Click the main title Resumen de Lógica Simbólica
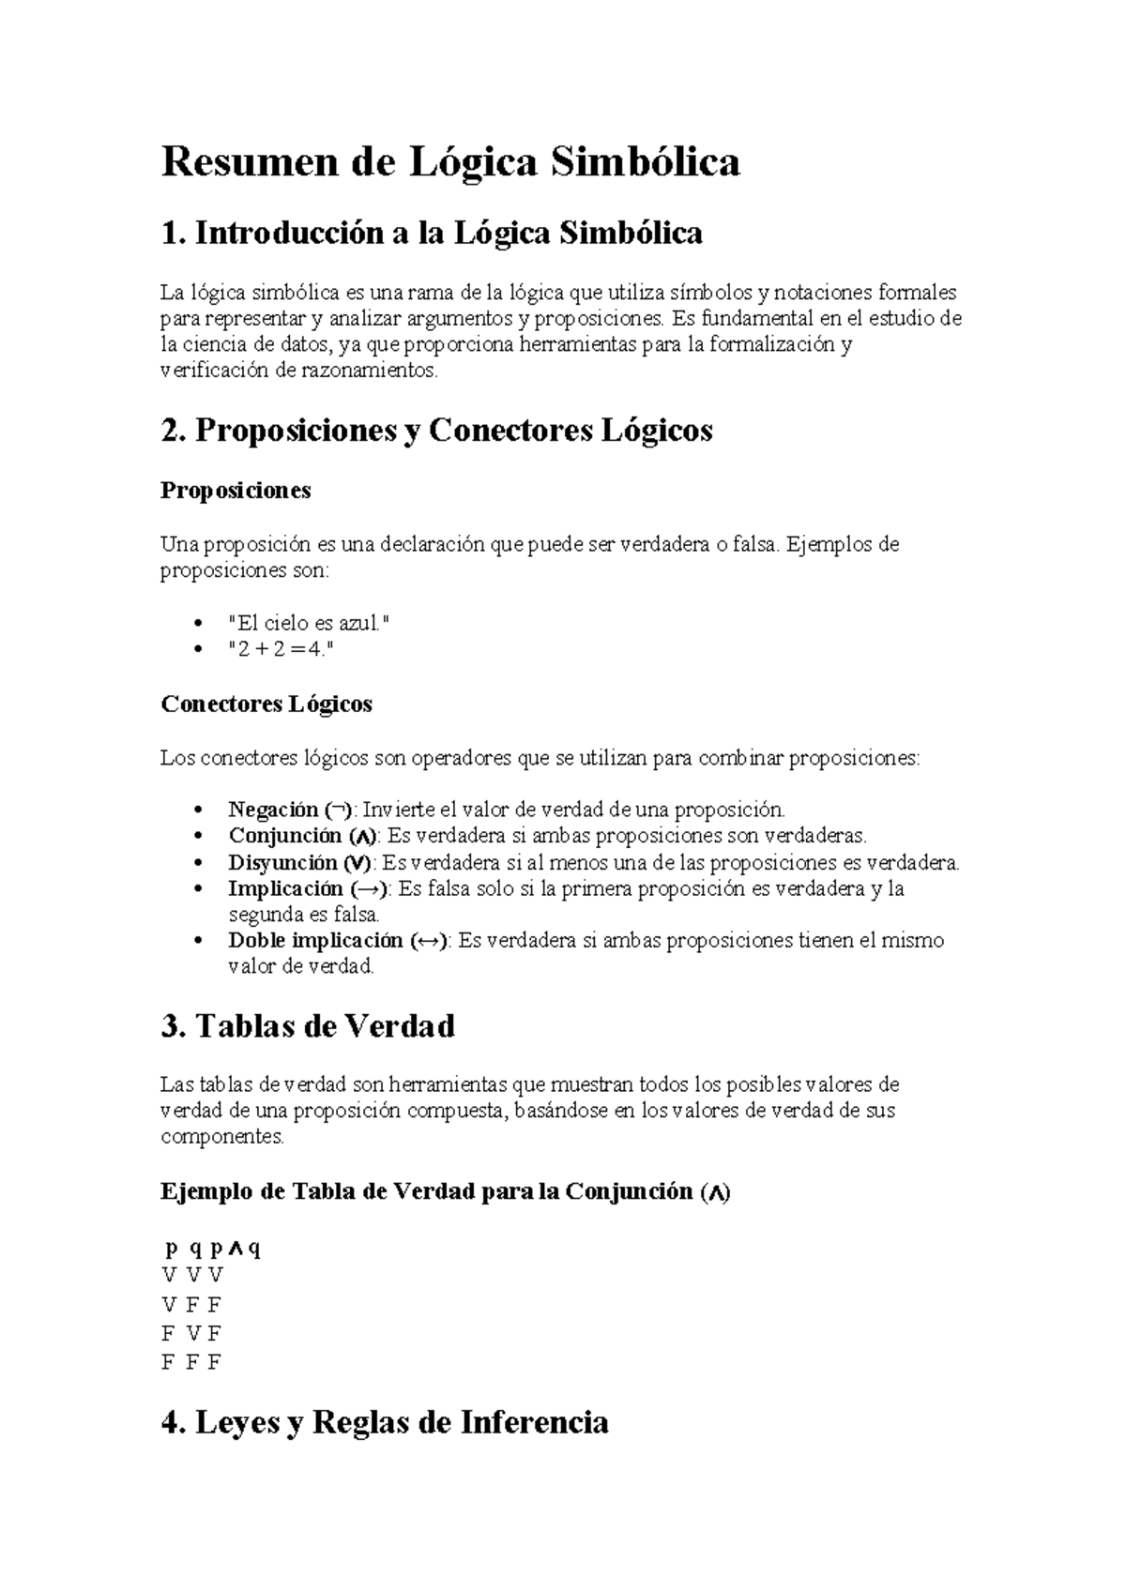(450, 162)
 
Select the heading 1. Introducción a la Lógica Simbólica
(432, 233)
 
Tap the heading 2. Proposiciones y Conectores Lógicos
(437, 431)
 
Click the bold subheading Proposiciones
(236, 491)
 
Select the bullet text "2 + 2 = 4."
(281, 648)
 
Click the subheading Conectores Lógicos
(266, 705)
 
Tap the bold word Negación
(273, 810)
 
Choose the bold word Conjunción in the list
(285, 836)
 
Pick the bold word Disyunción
(282, 862)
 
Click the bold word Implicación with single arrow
(286, 888)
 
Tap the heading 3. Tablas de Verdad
(308, 1025)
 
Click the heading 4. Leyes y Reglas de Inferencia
(385, 1423)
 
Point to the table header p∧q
(235, 1249)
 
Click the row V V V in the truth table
(192, 1275)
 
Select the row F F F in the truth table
(191, 1362)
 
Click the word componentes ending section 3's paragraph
(221, 1137)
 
